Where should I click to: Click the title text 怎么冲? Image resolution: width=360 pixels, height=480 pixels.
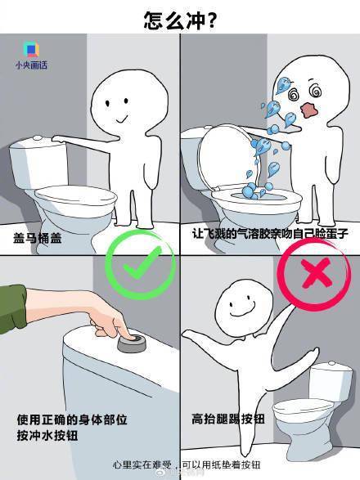pos(180,20)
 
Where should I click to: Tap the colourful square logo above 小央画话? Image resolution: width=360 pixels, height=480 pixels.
pos(31,49)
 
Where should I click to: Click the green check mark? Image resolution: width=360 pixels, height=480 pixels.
pos(142,264)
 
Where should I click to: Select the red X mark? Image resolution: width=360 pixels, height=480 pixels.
pos(317,273)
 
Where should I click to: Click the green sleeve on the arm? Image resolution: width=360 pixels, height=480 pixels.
pos(12,308)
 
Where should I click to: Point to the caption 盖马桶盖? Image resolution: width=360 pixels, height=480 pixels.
pos(38,238)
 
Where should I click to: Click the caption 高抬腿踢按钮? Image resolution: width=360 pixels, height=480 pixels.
pos(228,419)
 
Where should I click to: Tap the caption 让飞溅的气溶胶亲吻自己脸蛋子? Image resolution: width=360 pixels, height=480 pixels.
pos(270,234)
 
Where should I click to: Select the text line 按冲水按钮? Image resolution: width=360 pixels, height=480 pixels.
pos(47,435)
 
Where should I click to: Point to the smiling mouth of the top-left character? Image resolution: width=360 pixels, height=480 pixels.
pos(121,119)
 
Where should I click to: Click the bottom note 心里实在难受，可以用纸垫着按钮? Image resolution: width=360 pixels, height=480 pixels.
pos(187,464)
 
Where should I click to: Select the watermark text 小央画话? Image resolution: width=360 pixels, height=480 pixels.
pos(32,65)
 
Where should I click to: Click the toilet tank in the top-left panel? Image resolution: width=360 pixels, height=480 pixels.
pos(39,163)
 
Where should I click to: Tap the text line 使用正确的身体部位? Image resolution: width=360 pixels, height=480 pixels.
pos(72,419)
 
